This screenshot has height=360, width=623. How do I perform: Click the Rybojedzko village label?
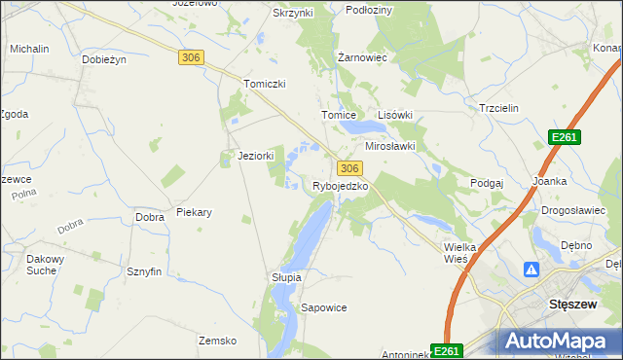340,186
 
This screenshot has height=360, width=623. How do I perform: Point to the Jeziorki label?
256,156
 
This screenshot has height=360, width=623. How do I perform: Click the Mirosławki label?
390,146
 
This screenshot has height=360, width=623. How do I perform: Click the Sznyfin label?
143,272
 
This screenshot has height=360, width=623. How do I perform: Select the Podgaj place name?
486,183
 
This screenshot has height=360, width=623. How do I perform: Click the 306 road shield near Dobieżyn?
191,58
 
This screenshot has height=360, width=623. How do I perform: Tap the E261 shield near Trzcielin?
564,137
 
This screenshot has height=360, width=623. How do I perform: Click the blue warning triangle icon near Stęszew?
532,270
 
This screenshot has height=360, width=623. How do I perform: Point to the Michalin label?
30,48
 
